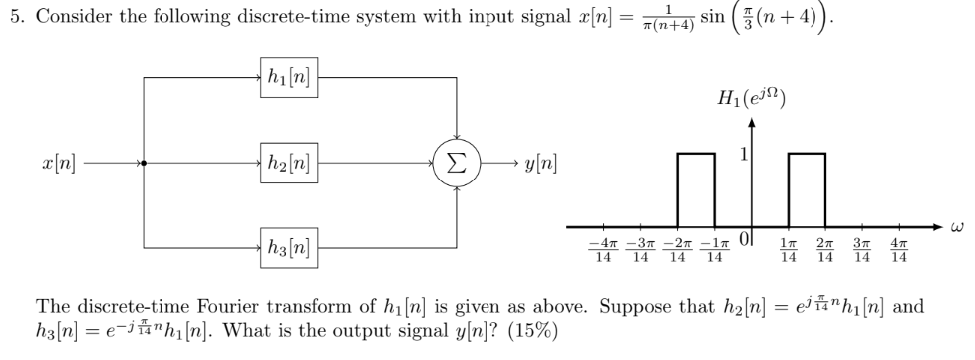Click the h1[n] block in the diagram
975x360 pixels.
pos(285,77)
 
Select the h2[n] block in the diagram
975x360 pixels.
pos(285,162)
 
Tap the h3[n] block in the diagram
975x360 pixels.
pos(285,246)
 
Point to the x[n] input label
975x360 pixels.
pos(58,162)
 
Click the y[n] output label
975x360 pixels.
pos(535,162)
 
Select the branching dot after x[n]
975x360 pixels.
pos(145,162)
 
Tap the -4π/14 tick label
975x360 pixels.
pos(601,251)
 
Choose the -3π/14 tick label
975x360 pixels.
pos(639,251)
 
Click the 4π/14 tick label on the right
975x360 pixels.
pos(899,251)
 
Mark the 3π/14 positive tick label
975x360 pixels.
pos(862,251)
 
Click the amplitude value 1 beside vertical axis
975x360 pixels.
pos(741,157)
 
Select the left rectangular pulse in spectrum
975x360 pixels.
pos(695,187)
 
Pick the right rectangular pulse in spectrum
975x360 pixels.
pos(806,187)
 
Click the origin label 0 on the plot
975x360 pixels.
pos(741,243)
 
